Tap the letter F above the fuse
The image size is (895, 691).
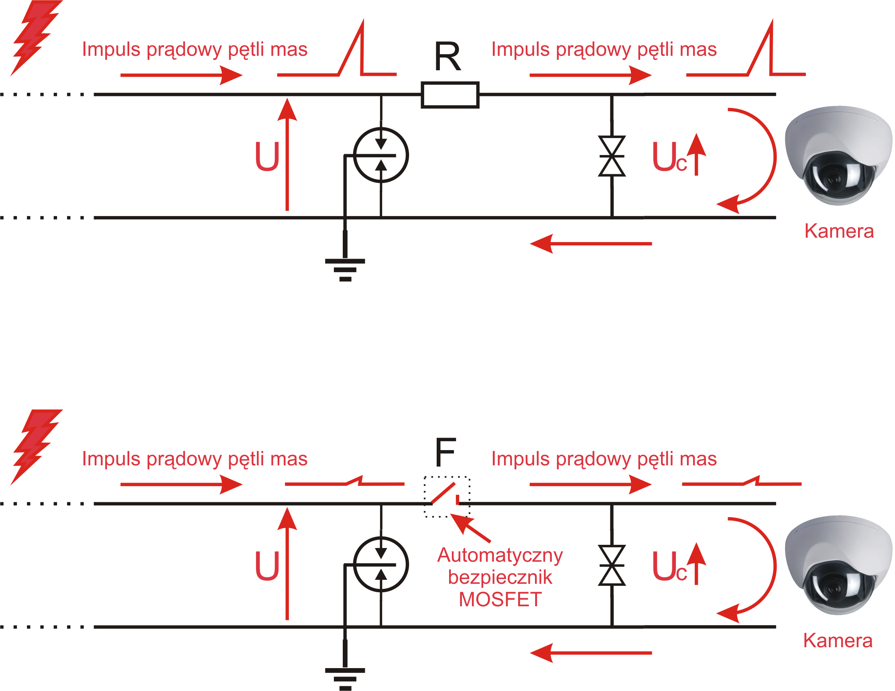pos(445,452)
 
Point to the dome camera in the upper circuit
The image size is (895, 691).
pos(838,155)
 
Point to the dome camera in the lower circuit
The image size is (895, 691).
pos(838,565)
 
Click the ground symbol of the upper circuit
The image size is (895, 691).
pos(345,269)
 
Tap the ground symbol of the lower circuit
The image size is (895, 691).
pos(345,679)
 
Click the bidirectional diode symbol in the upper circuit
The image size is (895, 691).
pos(612,156)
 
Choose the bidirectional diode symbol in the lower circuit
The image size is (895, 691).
pos(612,565)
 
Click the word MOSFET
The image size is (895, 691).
pos(500,599)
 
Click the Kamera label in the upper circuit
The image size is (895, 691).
pos(839,231)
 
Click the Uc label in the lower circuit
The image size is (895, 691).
pos(669,567)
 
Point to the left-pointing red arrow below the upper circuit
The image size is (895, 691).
pos(590,244)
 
